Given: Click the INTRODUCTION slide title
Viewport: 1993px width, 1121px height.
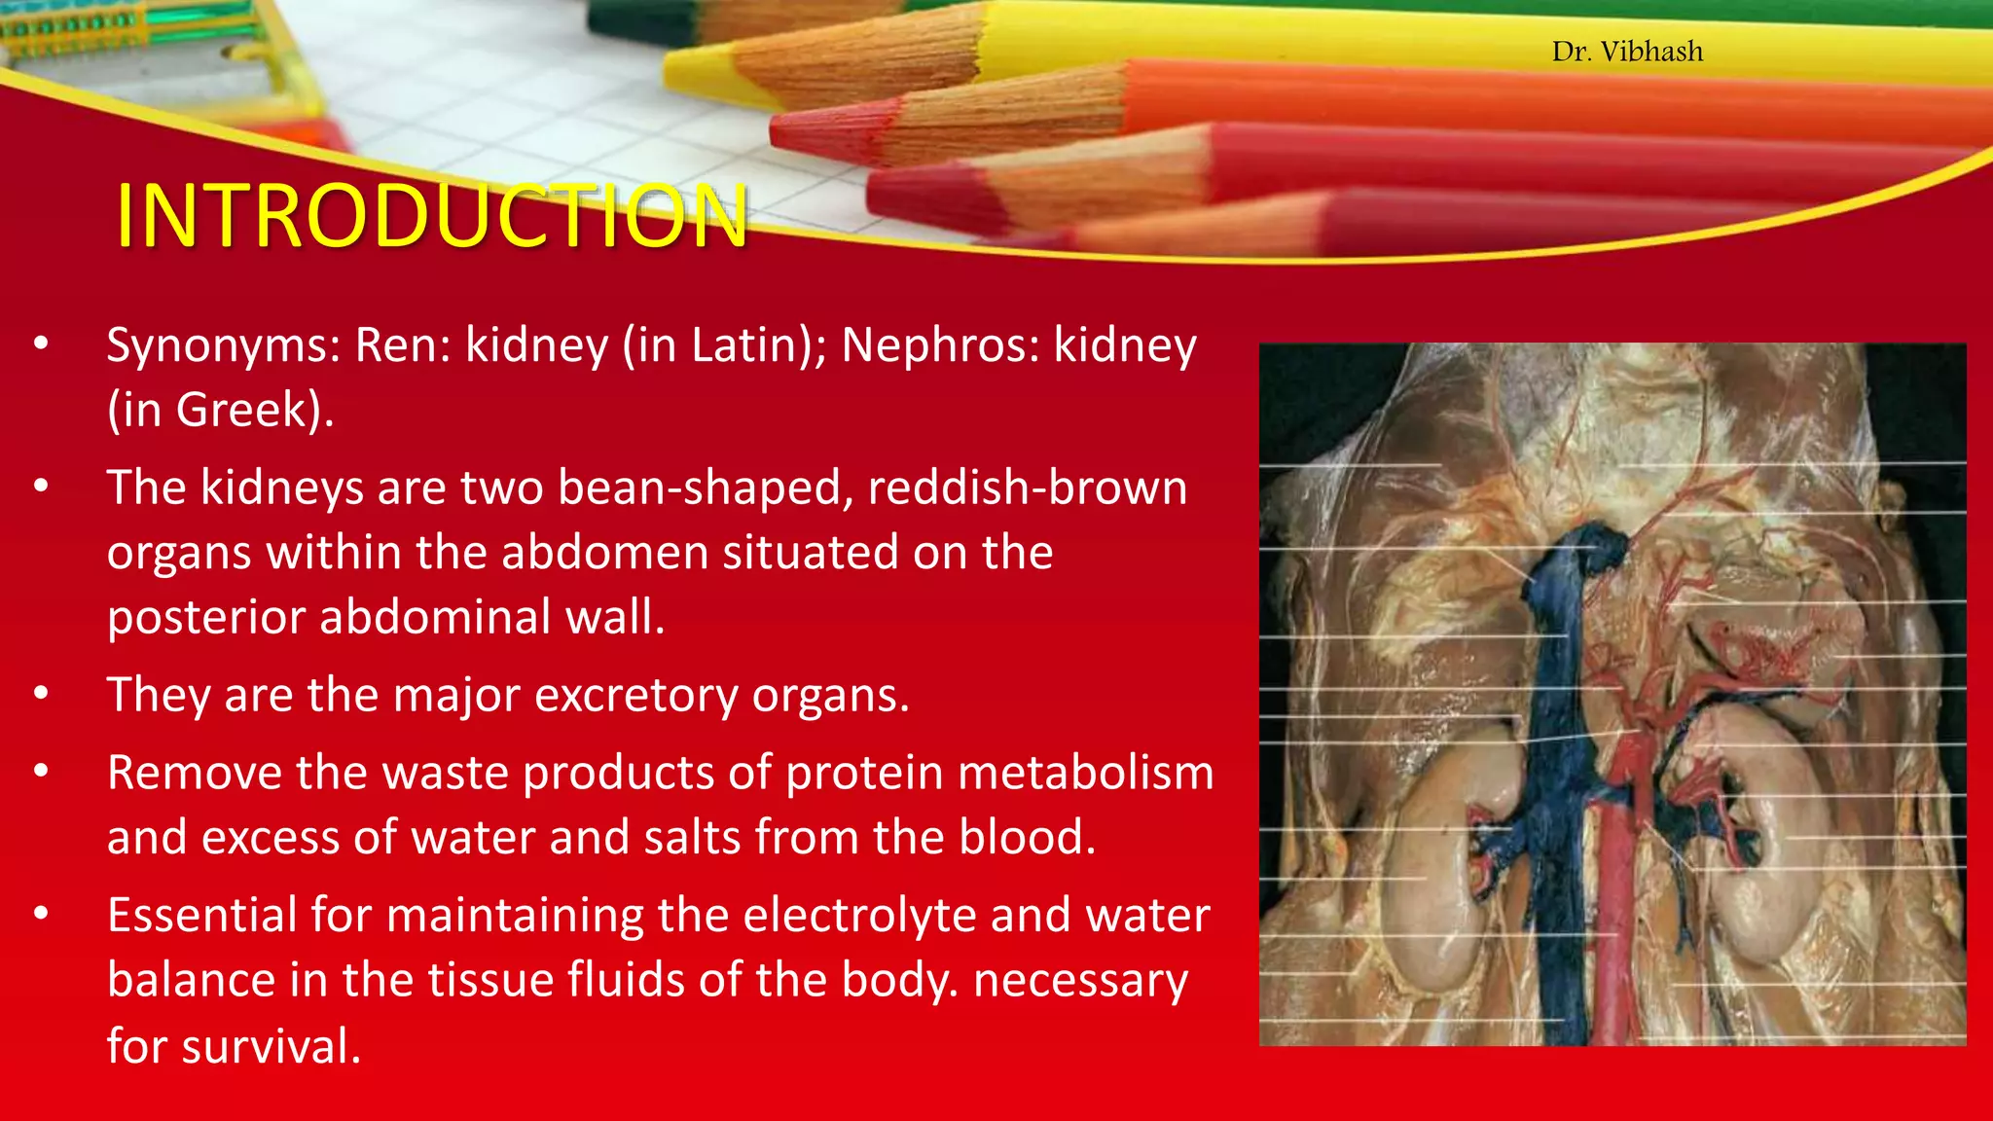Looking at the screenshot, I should point(431,215).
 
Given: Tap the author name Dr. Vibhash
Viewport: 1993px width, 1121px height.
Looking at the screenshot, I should point(1627,52).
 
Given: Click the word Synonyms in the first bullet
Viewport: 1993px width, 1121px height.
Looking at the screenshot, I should point(223,345).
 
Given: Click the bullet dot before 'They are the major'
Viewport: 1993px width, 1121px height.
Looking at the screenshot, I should point(40,694).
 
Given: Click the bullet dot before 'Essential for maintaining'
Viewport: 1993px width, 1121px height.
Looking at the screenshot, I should point(40,914).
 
